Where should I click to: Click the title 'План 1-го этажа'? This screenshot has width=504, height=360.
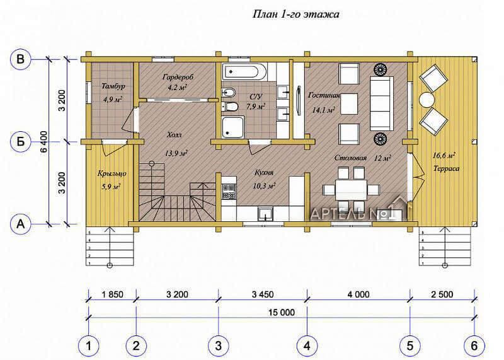click(x=295, y=14)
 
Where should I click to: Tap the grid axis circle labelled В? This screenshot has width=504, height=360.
click(x=21, y=59)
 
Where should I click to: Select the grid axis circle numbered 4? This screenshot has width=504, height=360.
click(x=307, y=346)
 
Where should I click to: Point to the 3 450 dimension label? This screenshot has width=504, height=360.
click(x=263, y=294)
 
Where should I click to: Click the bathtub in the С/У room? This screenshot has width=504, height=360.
click(x=244, y=72)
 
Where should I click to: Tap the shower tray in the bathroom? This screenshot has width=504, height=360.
click(x=232, y=126)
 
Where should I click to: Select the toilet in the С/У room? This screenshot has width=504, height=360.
click(x=230, y=105)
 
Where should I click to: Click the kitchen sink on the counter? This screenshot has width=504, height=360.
click(x=265, y=214)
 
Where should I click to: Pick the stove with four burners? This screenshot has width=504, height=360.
click(x=229, y=192)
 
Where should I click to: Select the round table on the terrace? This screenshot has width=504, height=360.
click(x=427, y=100)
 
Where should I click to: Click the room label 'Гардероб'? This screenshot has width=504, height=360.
click(x=178, y=78)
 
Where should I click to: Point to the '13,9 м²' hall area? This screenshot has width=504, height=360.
click(x=176, y=153)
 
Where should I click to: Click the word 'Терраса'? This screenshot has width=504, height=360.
click(x=446, y=168)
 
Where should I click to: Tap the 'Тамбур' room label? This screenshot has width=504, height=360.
click(x=113, y=86)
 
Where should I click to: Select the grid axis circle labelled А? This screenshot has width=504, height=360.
click(x=21, y=224)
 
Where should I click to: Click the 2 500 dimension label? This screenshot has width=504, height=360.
click(x=442, y=294)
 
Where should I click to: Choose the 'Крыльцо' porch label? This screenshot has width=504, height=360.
click(x=112, y=174)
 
